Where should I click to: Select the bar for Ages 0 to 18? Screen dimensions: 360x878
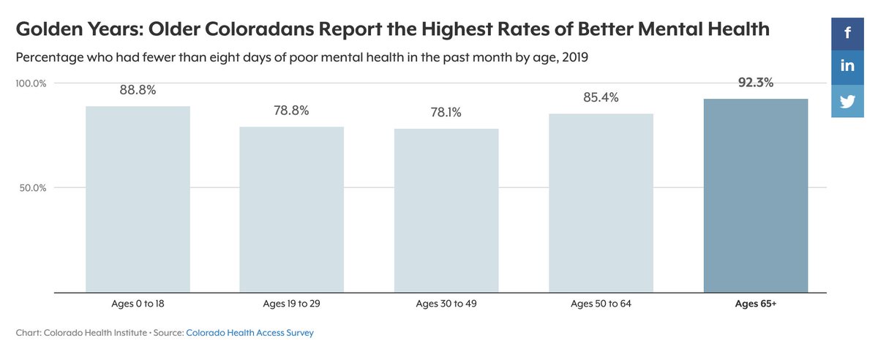point(138,199)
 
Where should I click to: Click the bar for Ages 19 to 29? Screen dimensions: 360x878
point(292,209)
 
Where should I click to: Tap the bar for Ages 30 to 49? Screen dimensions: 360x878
point(446,211)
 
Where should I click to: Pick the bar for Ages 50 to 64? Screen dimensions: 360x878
point(601,203)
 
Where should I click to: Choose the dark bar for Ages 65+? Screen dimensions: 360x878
point(755,195)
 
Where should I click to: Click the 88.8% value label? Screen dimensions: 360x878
point(138,90)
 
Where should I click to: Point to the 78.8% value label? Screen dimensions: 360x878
point(292,110)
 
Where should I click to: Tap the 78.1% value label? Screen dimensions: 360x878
point(446,113)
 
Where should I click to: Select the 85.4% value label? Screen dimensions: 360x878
point(601,97)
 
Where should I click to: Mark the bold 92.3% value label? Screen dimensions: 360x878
point(755,83)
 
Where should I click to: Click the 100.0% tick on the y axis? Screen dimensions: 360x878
point(31,83)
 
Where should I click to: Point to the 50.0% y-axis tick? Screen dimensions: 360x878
point(34,188)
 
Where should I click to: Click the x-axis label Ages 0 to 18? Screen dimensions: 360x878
point(138,304)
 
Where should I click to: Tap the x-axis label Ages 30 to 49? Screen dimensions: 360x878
point(446,304)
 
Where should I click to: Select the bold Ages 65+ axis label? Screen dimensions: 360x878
point(755,304)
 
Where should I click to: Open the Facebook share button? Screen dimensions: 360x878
point(847,32)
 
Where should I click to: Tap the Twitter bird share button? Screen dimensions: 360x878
point(847,101)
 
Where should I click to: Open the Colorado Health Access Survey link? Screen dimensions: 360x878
point(249,333)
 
